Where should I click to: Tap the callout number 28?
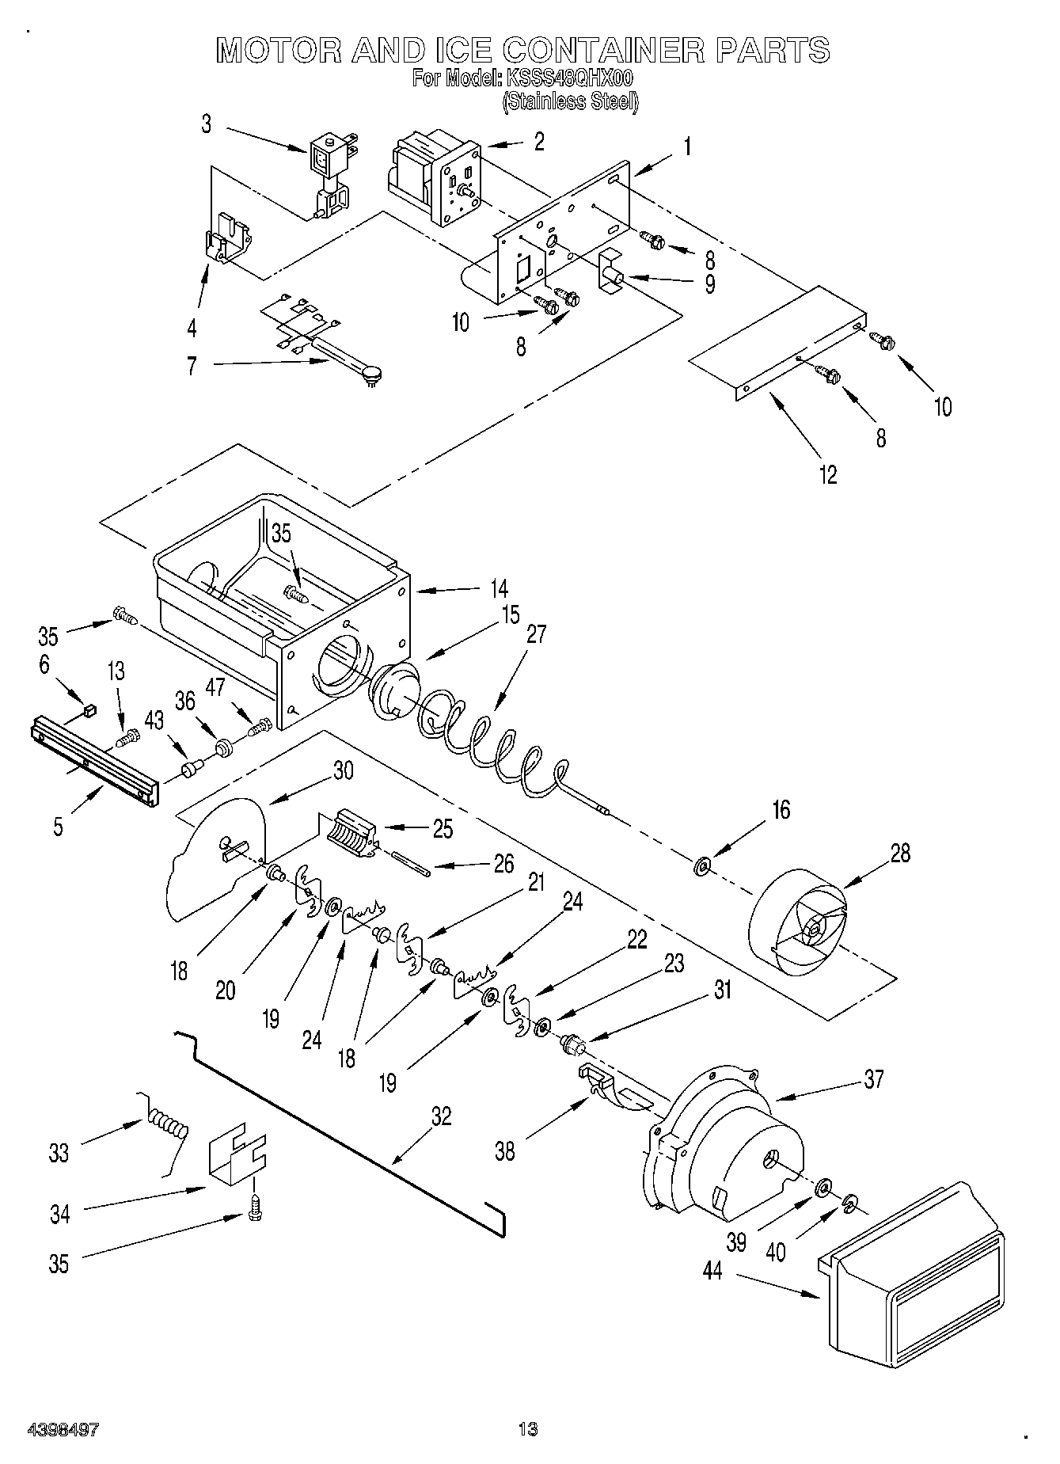click(x=900, y=853)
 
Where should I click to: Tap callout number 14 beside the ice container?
click(x=498, y=588)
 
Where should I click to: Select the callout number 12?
click(x=827, y=474)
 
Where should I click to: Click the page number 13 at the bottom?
click(x=527, y=1429)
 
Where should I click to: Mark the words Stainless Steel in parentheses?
click(x=570, y=101)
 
